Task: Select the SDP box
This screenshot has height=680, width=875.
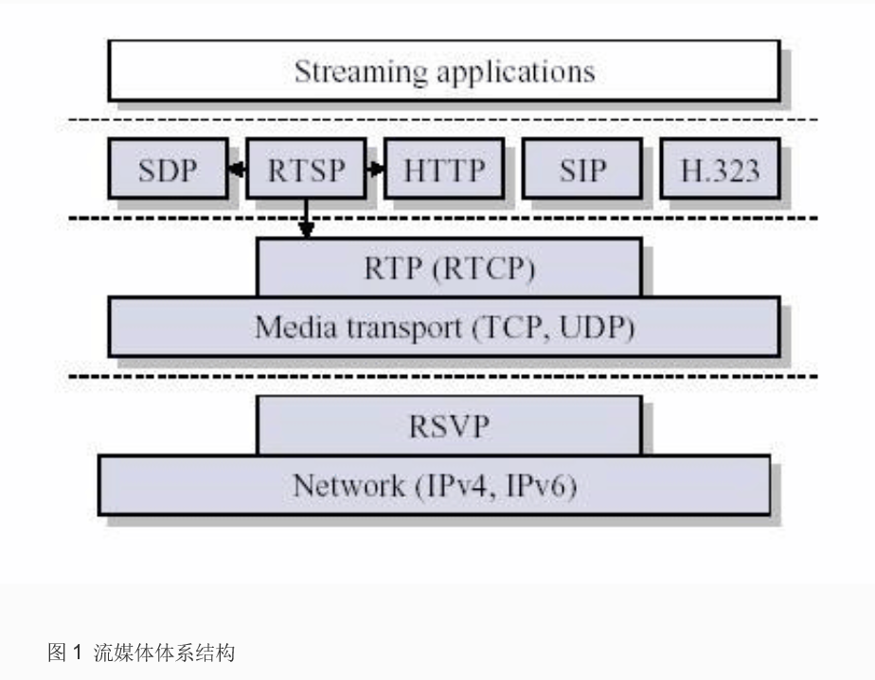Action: click(168, 170)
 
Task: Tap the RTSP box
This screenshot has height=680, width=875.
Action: click(305, 170)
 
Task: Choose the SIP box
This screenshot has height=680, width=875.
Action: click(581, 170)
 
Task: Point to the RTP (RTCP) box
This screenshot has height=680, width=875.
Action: click(449, 268)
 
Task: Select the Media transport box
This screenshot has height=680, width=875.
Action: click(443, 328)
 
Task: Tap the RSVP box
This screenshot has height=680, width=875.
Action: click(449, 425)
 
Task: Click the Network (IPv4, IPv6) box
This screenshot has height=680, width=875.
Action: click(434, 486)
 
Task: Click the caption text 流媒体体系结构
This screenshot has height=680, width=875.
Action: click(163, 653)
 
